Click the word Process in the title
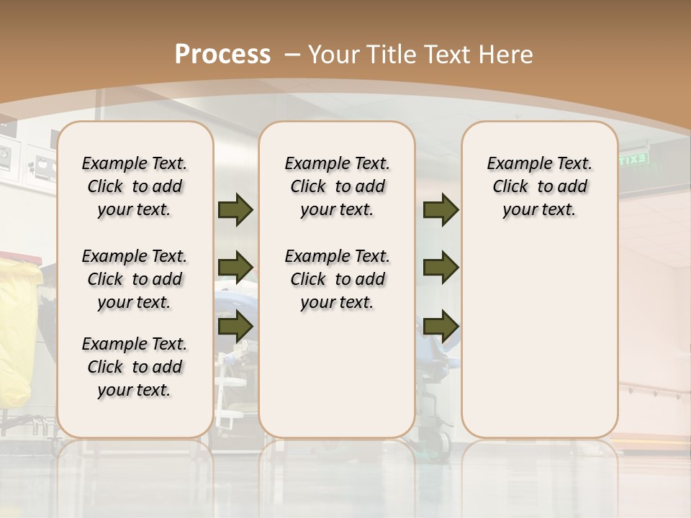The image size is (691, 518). tap(222, 55)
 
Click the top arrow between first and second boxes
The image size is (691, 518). tap(235, 210)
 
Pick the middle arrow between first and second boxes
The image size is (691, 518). tap(235, 268)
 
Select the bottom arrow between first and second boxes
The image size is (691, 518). tap(235, 326)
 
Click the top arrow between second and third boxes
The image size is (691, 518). tap(441, 210)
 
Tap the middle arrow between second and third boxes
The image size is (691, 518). tap(441, 268)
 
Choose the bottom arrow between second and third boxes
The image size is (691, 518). tap(441, 326)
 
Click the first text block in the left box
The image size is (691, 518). tap(135, 186)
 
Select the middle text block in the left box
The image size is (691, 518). tap(135, 279)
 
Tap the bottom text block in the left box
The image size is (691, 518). tap(135, 367)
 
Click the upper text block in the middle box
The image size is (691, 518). tap(337, 186)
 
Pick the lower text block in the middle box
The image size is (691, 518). tap(337, 279)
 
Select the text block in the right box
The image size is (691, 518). tap(539, 186)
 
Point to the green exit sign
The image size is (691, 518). tap(633, 159)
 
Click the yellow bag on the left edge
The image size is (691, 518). tap(19, 331)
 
